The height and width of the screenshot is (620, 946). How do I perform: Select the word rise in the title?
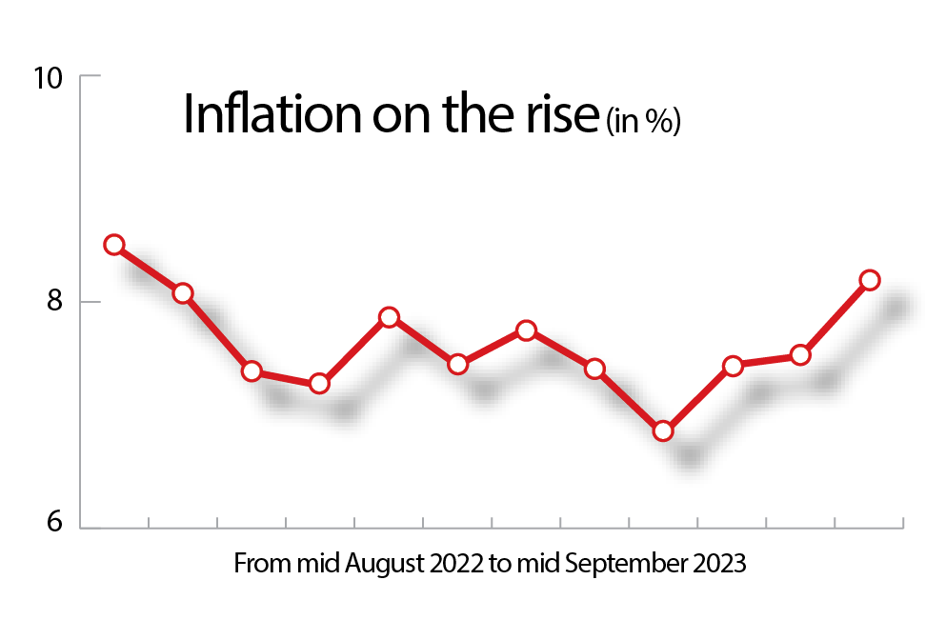(x=565, y=115)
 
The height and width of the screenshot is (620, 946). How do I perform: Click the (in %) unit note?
(x=643, y=122)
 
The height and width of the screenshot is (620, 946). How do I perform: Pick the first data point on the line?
(x=114, y=245)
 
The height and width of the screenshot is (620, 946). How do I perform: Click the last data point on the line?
(x=869, y=280)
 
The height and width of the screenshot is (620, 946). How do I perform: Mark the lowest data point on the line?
(x=663, y=431)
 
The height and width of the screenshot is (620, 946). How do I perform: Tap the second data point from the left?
(x=183, y=292)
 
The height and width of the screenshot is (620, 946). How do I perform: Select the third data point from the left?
(x=252, y=371)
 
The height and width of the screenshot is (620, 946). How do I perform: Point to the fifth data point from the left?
(x=389, y=317)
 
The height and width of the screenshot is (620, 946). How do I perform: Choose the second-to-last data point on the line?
(x=800, y=355)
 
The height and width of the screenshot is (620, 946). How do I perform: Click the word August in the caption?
(x=380, y=564)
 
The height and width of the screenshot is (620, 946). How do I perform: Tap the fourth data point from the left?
(x=319, y=383)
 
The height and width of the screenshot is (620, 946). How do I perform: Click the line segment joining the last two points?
(x=835, y=318)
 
